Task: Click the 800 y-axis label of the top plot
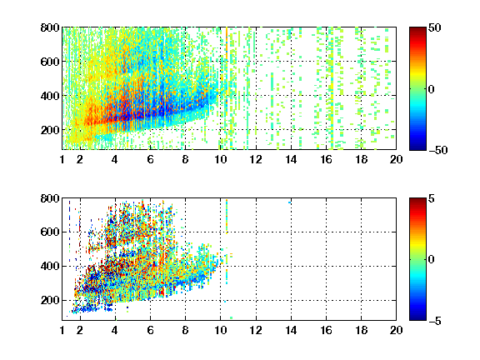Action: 50,27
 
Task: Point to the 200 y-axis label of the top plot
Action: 50,130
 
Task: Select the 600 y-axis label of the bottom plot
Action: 50,232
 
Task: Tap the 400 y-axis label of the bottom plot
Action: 50,266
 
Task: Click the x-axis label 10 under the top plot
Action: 220,159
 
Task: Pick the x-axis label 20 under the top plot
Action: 396,159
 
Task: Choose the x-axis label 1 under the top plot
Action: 62,159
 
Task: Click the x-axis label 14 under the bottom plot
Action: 291,330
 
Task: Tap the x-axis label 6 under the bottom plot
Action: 150,330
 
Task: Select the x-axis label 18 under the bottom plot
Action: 361,330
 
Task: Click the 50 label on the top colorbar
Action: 434,27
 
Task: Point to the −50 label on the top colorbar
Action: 437,150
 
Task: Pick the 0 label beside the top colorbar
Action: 431,89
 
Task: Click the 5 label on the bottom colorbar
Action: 431,198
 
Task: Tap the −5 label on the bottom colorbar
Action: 434,321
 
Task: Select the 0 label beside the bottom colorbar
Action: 431,260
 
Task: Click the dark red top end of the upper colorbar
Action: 417,29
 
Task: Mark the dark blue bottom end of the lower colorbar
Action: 417,318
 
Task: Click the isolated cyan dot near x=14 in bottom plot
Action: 289,202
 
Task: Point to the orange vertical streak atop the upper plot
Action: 227,40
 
